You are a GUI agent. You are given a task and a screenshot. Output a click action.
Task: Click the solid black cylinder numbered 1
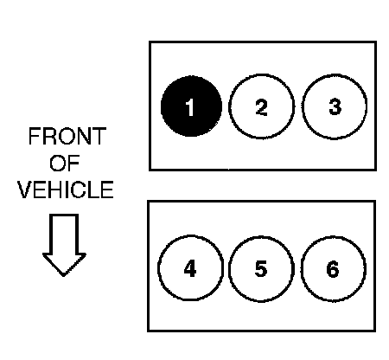(191, 106)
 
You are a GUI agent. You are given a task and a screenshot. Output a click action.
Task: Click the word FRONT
(67, 136)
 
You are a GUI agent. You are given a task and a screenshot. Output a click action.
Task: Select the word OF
(64, 163)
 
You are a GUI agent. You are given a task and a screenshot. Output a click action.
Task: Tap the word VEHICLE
(66, 190)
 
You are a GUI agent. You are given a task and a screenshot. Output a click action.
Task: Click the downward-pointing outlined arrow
(64, 245)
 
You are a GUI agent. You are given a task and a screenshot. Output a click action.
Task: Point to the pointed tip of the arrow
(64, 276)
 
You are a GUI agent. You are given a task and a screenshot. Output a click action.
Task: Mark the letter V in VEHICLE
(24, 190)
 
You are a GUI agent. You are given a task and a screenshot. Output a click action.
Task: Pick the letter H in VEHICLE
(54, 190)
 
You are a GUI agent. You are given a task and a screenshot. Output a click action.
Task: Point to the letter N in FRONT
(84, 136)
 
